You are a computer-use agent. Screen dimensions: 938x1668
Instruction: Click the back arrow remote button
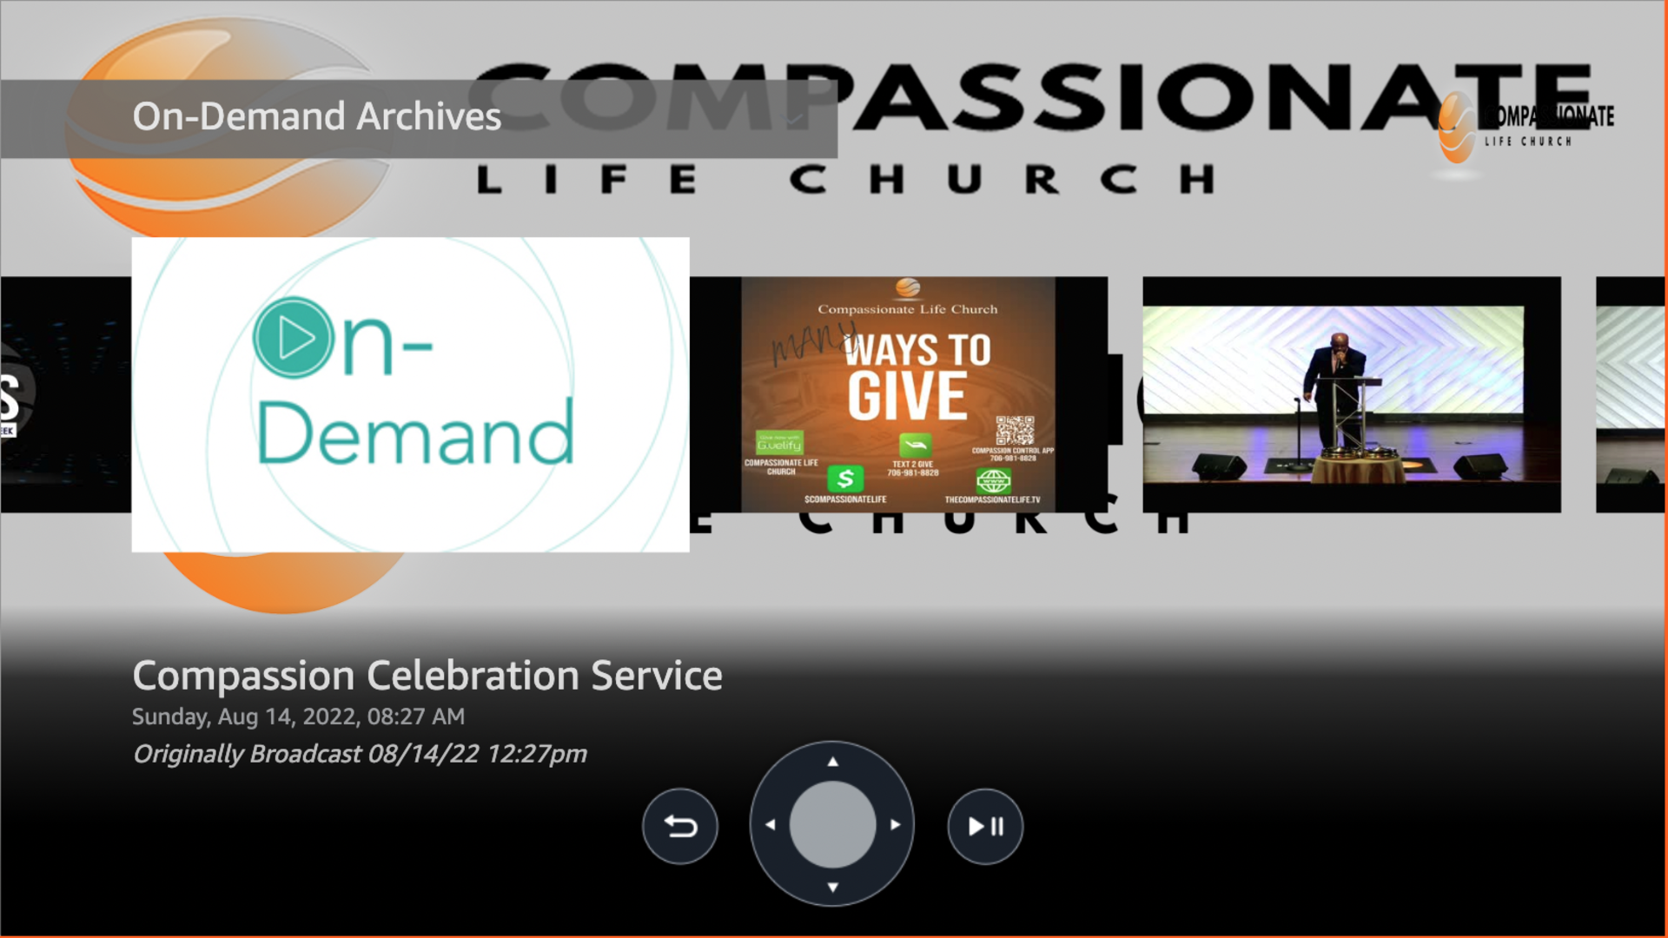point(680,826)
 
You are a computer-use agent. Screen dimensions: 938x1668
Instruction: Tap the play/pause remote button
point(985,826)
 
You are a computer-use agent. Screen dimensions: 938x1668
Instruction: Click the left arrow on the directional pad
point(771,824)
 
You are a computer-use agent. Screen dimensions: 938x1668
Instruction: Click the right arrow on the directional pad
point(895,824)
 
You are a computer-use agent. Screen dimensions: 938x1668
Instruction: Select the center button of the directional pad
point(832,824)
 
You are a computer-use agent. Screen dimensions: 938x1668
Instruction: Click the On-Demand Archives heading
point(316,116)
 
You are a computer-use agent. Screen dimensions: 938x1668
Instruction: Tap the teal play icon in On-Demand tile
point(293,338)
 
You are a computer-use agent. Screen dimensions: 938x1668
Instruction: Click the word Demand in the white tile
point(415,433)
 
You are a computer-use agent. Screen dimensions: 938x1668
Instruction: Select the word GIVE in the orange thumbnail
point(907,396)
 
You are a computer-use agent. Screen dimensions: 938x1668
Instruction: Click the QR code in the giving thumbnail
point(1015,431)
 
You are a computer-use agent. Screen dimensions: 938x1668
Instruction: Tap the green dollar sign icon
point(845,479)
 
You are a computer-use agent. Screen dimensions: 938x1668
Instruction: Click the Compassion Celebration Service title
point(427,676)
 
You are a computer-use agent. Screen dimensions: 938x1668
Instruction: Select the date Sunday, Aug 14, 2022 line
point(298,717)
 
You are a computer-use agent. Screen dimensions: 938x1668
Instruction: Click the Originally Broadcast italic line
point(360,754)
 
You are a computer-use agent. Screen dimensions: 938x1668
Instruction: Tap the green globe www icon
point(993,480)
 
